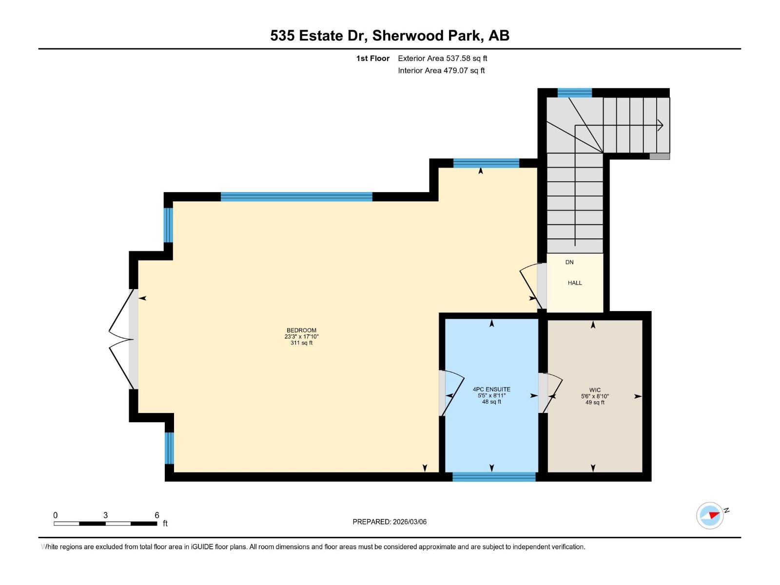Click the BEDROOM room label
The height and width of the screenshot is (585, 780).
pos(301,331)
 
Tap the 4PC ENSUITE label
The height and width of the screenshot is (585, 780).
pos(491,390)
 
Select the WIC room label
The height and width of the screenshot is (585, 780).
pos(595,390)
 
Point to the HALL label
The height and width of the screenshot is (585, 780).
pos(575,283)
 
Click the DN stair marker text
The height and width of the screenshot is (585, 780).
pos(569,262)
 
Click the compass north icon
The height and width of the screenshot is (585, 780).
pos(710,515)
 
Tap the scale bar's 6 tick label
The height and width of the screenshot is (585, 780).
pos(157,515)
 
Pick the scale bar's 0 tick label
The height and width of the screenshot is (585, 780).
pos(56,515)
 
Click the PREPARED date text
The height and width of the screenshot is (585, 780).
pos(390,522)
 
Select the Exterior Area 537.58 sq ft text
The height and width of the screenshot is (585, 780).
pos(442,58)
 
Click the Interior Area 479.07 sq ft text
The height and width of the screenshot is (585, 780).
pos(441,71)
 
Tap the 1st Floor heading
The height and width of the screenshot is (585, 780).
pos(373,58)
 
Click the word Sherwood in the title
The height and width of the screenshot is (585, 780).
pos(408,36)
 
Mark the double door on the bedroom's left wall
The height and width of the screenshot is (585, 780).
pos(122,339)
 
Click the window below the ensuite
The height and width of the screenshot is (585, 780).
pos(494,477)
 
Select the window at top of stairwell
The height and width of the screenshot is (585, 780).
pos(574,93)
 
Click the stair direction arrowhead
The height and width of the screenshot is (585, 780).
pos(661,125)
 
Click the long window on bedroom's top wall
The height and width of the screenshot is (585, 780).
pos(296,197)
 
